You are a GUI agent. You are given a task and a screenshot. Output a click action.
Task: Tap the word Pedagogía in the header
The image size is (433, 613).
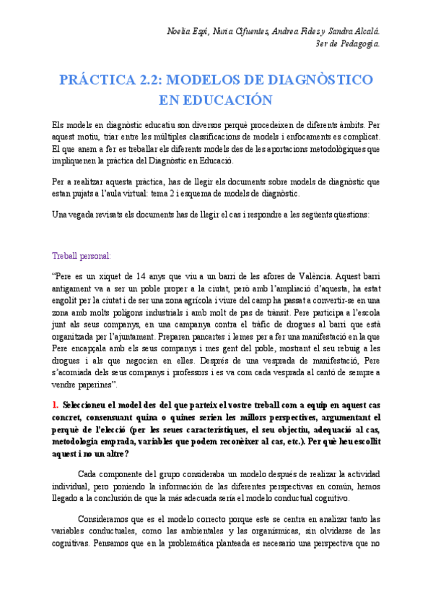(359, 44)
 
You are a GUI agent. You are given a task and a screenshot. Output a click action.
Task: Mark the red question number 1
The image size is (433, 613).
(55, 406)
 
